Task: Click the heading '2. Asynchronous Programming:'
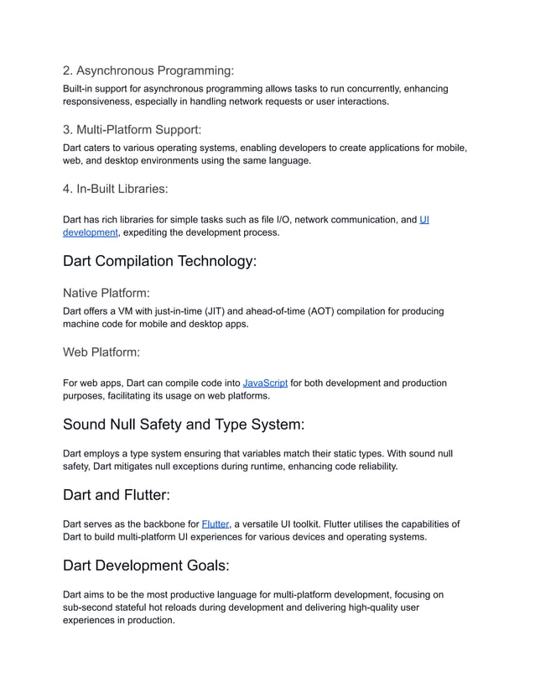(x=148, y=70)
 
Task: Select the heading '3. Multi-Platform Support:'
(x=132, y=130)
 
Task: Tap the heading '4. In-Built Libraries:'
(x=122, y=189)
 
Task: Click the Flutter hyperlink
(x=216, y=524)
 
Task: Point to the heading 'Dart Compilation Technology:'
(x=159, y=261)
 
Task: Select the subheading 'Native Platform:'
(x=106, y=294)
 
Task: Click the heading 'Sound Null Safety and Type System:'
(x=184, y=425)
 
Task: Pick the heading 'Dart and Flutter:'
(x=117, y=495)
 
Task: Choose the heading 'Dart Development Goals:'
(x=147, y=565)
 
